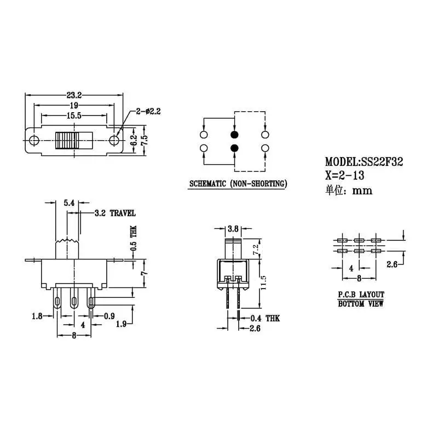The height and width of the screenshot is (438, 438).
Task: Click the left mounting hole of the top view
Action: click(33, 140)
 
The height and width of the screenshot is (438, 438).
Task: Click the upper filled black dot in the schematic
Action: click(234, 134)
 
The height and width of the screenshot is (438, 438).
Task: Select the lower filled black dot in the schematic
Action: click(234, 148)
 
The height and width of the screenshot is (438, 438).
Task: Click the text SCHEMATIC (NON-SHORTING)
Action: click(237, 184)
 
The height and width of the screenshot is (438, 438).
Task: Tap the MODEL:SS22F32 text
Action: click(364, 162)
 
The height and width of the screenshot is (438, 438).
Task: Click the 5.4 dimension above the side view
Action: click(69, 203)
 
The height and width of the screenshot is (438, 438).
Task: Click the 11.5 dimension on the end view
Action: click(264, 282)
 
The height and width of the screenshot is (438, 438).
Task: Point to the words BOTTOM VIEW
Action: click(360, 303)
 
